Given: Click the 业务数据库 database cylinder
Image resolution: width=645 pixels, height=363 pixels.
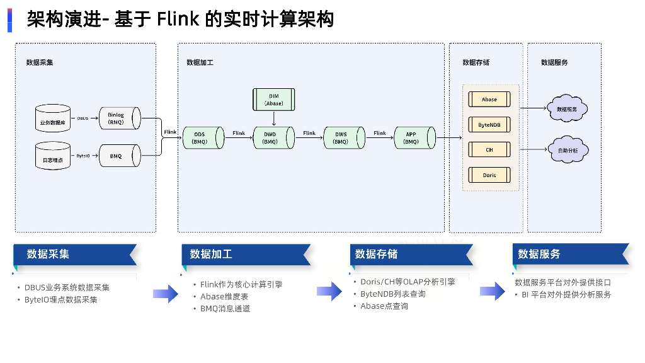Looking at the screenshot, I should coord(53,118).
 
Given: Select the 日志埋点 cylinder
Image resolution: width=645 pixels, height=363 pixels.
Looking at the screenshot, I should coord(53,156).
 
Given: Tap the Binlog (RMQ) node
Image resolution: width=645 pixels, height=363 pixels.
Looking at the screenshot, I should coord(118,118).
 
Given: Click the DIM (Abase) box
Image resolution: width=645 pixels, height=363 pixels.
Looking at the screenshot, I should coord(274,100).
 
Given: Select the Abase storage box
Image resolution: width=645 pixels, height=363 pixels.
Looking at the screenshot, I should coord(489,100).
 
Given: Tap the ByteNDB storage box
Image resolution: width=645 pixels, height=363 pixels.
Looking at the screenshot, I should coord(489,125).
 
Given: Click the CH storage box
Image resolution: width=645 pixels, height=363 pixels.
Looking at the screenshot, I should coord(489,150).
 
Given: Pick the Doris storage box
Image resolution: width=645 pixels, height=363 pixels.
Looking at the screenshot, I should coord(489,175).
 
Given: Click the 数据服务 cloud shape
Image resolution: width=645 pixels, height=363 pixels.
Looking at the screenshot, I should coord(567,108).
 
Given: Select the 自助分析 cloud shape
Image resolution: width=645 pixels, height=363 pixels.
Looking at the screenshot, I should coord(567,150).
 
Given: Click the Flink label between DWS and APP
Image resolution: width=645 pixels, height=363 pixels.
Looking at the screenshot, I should coord(379,133).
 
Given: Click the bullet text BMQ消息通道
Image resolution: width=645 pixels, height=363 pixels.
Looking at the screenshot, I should coord(225,309).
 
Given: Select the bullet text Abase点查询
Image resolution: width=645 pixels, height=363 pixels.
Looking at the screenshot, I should coord(384,306).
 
